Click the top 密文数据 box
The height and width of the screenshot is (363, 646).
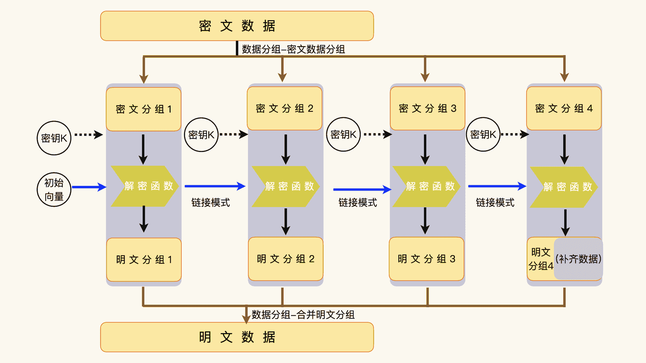pyautogui.click(x=237, y=26)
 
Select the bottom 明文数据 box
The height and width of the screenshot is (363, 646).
pyautogui.click(x=237, y=337)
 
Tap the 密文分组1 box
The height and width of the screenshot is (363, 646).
pyautogui.click(x=144, y=109)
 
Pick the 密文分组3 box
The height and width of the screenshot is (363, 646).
pyautogui.click(x=427, y=109)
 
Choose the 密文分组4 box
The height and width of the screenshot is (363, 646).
pyautogui.click(x=564, y=109)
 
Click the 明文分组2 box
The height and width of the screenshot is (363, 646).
pyautogui.click(x=286, y=259)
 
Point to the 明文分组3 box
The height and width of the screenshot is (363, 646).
pyautogui.click(x=426, y=259)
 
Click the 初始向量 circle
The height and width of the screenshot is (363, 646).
pyautogui.click(x=54, y=190)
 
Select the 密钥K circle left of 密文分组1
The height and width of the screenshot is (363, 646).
pyautogui.click(x=54, y=138)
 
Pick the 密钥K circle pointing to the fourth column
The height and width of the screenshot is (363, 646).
pyautogui.click(x=483, y=134)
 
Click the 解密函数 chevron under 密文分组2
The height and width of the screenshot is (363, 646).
pyautogui.click(x=285, y=186)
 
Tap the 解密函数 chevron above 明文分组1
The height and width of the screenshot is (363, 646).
pyautogui.click(x=145, y=186)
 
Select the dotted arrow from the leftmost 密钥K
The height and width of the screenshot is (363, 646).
pyautogui.click(x=88, y=135)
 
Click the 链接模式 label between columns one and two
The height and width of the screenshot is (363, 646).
pyautogui.click(x=211, y=202)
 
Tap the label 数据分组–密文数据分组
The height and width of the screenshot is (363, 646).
pyautogui.click(x=293, y=49)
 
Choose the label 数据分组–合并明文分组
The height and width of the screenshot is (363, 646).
pyautogui.click(x=303, y=315)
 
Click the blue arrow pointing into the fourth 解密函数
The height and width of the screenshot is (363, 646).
pyautogui.click(x=497, y=186)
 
